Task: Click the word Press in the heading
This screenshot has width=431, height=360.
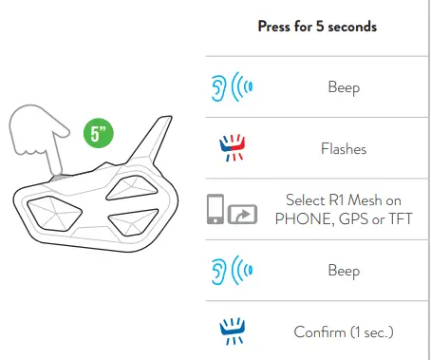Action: (x=274, y=27)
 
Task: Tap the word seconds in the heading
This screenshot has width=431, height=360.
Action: (x=352, y=27)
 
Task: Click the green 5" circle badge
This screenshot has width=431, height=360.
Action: (x=99, y=133)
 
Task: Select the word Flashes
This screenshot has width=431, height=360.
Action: (x=344, y=149)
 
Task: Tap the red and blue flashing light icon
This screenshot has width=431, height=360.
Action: (x=233, y=147)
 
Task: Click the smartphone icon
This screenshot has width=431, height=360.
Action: (x=215, y=209)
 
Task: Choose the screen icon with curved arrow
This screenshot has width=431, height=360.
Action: (x=242, y=215)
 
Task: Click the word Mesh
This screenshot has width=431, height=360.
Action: (x=365, y=200)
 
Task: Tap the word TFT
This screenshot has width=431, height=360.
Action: (x=401, y=219)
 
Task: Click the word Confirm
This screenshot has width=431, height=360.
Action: (x=320, y=332)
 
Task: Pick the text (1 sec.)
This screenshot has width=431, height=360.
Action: (x=372, y=332)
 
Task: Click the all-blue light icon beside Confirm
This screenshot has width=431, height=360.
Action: (x=233, y=331)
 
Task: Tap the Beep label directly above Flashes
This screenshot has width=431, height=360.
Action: (x=344, y=87)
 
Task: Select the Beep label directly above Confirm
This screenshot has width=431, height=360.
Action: (x=344, y=271)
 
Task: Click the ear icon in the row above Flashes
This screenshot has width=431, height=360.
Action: (x=218, y=87)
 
